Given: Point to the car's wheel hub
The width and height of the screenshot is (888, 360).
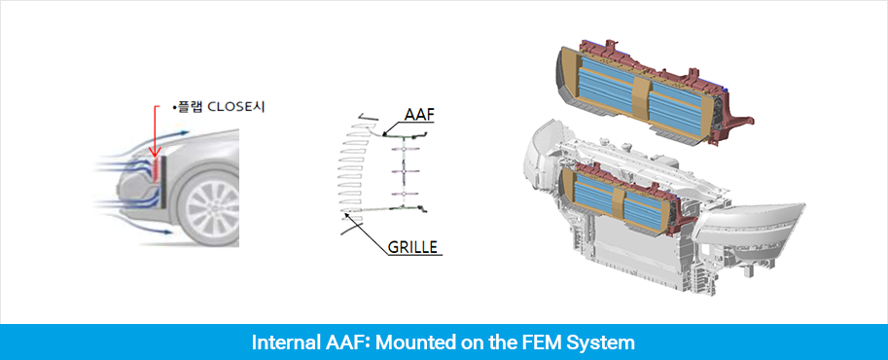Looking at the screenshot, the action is [212, 207].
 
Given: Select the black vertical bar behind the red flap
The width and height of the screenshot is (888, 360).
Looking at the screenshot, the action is [163, 181].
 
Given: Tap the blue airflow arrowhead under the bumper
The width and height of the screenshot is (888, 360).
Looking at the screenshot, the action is [170, 232].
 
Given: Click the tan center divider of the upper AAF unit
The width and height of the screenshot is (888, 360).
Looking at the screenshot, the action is [641, 95].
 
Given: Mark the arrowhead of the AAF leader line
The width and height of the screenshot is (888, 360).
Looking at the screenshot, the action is [383, 135].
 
